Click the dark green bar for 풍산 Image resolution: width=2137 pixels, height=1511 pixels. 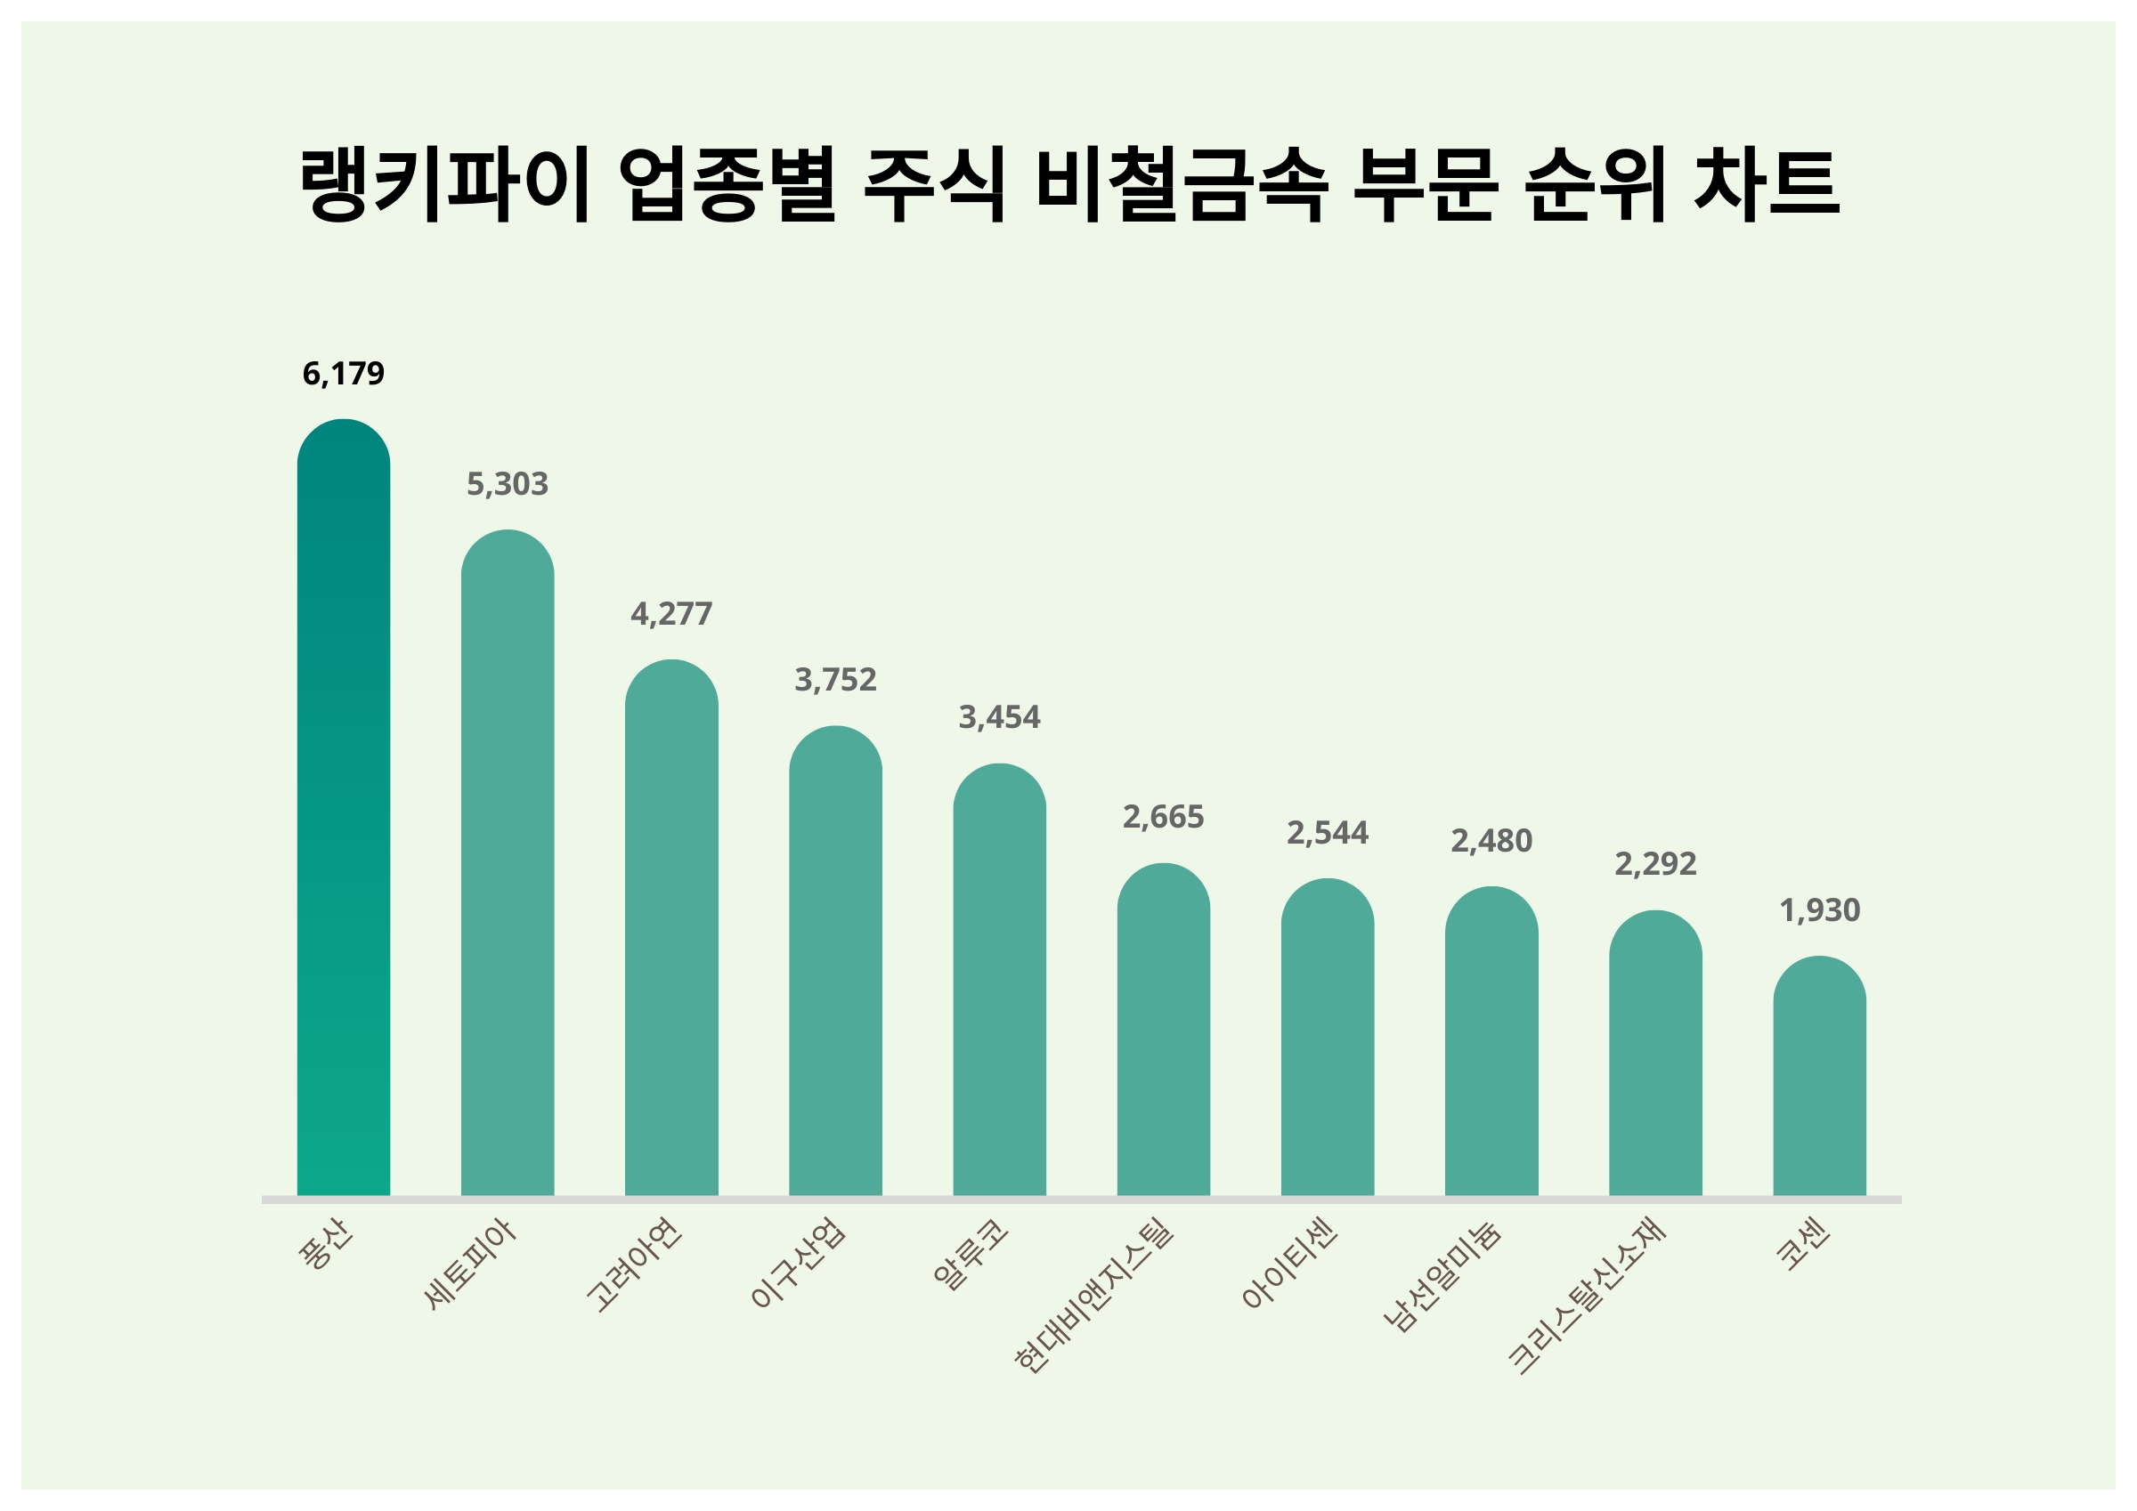(x=344, y=810)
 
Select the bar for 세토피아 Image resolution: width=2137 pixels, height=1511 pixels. (x=508, y=865)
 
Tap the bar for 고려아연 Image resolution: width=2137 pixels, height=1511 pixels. (x=671, y=931)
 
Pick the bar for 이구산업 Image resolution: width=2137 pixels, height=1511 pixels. (x=835, y=963)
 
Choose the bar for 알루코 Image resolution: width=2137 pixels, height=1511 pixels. (x=999, y=982)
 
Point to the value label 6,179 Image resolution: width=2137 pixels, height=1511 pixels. (x=344, y=374)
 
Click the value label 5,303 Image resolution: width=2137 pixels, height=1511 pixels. (x=508, y=485)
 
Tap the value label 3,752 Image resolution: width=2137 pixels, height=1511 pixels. (x=835, y=680)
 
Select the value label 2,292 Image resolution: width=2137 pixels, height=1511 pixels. (x=1655, y=864)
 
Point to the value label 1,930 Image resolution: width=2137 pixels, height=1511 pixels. (x=1819, y=910)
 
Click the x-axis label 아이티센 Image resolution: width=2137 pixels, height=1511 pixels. (x=1290, y=1264)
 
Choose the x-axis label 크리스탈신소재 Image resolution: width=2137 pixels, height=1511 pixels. (x=1586, y=1295)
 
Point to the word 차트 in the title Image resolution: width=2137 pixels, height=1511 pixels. (x=1766, y=184)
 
